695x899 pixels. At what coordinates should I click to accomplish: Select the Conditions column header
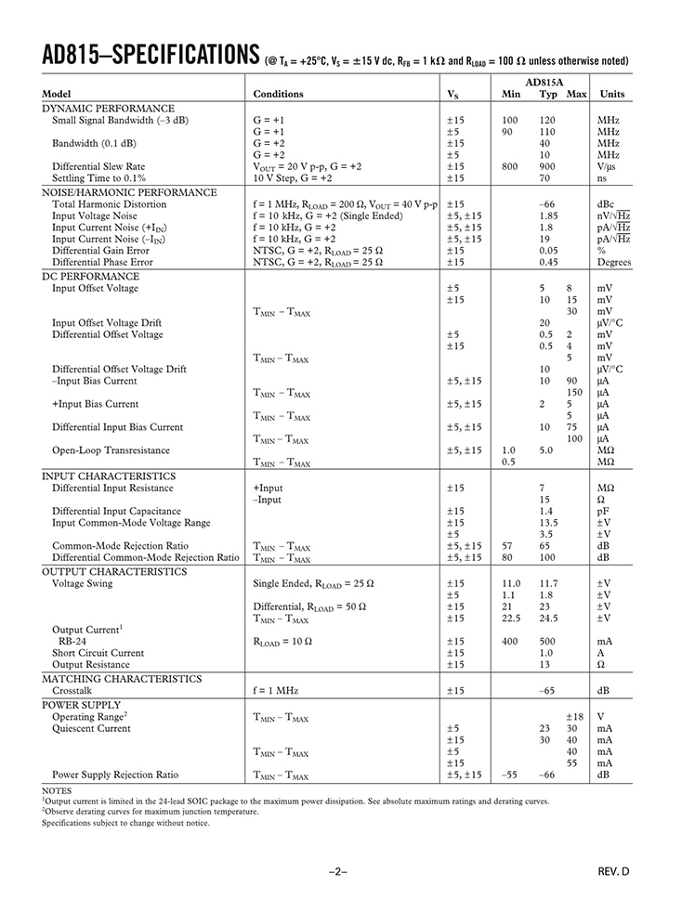click(x=278, y=94)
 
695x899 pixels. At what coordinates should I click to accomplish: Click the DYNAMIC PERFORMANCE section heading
click(x=108, y=109)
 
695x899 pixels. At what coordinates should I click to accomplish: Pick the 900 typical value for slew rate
click(x=548, y=166)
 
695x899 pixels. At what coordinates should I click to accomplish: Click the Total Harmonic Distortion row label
click(x=110, y=204)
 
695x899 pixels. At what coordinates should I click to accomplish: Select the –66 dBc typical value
click(x=547, y=204)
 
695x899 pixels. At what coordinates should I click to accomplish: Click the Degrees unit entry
click(x=614, y=262)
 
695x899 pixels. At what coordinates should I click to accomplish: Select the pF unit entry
click(x=604, y=511)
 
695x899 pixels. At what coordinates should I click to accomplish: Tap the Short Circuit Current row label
click(x=98, y=653)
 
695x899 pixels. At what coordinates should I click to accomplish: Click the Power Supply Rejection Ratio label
click(x=115, y=775)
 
